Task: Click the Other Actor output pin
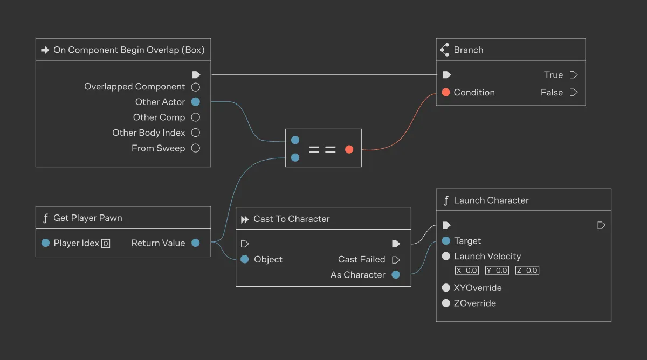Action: coord(196,102)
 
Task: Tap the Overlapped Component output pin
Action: coord(196,87)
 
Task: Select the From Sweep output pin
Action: coord(196,148)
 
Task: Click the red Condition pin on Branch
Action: coord(446,92)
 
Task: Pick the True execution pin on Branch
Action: coord(574,75)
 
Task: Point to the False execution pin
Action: coord(574,92)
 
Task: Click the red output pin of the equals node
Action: coord(349,149)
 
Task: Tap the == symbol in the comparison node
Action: coord(322,149)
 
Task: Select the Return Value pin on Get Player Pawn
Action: coord(196,243)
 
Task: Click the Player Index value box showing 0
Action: coord(106,244)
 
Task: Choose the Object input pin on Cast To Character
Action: coord(245,259)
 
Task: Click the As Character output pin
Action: coord(396,275)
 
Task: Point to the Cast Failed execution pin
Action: coord(396,259)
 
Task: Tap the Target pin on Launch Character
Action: coord(446,241)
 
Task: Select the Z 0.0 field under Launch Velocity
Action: coord(527,271)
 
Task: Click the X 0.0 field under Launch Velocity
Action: coord(467,271)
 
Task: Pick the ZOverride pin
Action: coord(446,303)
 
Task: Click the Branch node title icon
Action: coord(445,50)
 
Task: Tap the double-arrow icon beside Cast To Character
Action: coord(245,219)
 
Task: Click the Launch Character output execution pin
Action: coord(602,225)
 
